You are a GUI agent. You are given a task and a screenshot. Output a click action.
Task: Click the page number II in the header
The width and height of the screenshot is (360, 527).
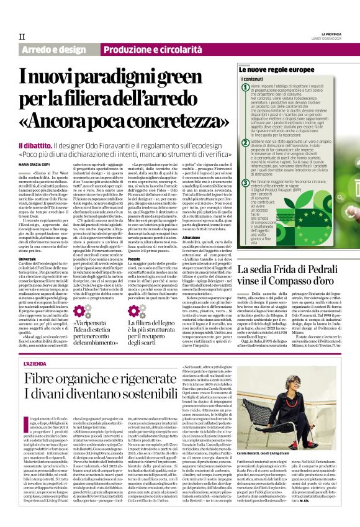22,37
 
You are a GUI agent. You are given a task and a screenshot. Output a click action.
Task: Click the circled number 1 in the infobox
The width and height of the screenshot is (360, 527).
246,88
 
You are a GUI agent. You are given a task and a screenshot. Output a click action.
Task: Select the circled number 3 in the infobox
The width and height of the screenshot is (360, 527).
246,184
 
